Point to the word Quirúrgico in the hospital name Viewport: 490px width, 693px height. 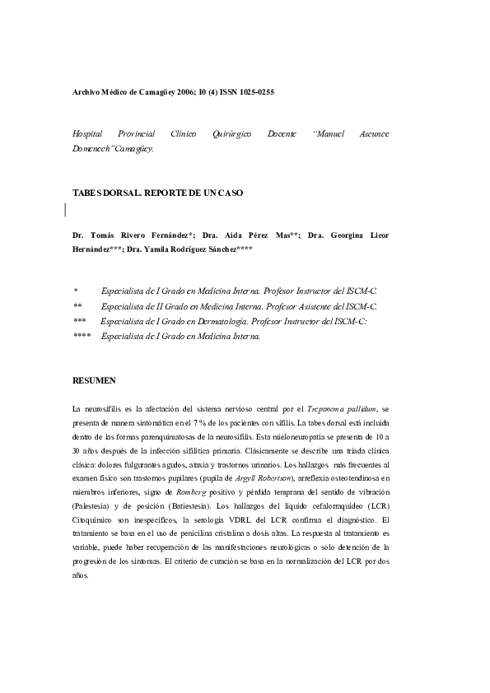click(x=234, y=133)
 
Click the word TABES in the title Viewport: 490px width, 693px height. click(x=88, y=193)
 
